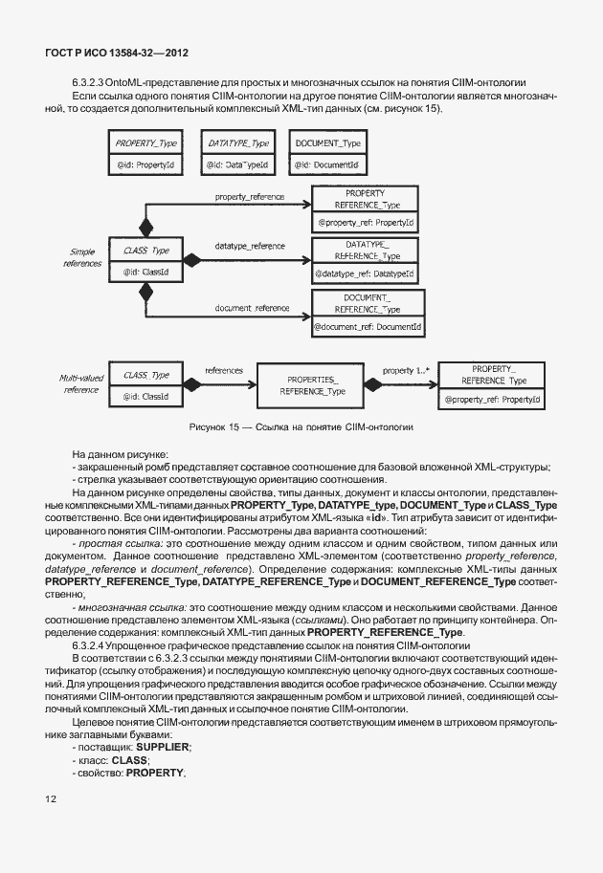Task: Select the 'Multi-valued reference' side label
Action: click(81, 382)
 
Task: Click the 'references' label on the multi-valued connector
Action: click(223, 369)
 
